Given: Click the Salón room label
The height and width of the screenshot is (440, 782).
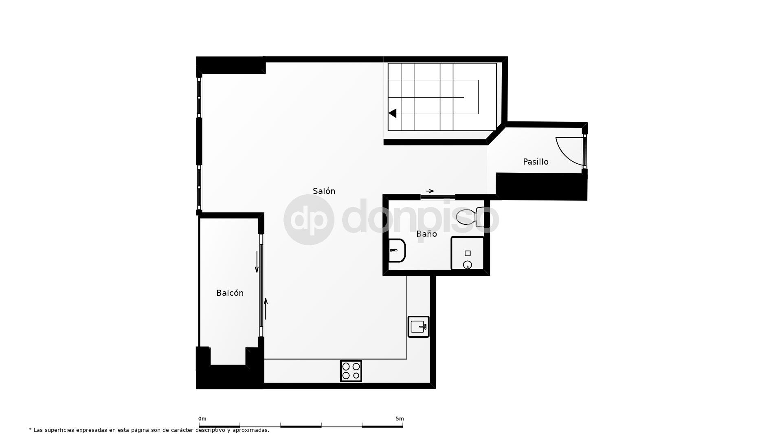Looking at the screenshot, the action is tap(324, 191).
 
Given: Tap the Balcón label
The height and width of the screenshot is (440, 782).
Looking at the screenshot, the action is tap(230, 293).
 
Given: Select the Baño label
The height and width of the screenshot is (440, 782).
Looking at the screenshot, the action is tap(426, 234).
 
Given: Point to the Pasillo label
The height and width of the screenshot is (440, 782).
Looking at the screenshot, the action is tap(536, 162).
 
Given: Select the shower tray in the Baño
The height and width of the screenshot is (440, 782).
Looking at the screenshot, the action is tap(468, 253).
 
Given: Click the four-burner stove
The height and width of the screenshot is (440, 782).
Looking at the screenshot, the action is tap(351, 371).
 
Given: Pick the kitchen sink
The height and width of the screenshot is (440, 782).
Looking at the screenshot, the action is tap(419, 327).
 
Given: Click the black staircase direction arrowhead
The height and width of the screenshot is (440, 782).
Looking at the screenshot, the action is tap(393, 113).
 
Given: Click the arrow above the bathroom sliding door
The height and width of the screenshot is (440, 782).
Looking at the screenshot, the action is tap(430, 191).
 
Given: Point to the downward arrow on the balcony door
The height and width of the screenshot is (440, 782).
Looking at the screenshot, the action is tap(257, 262).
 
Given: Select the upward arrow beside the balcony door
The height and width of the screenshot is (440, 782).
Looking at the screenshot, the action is tap(266, 309).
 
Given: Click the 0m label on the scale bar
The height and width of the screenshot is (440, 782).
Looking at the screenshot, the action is tap(202, 419).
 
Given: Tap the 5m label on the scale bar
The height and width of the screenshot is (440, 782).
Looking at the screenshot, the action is tap(400, 419).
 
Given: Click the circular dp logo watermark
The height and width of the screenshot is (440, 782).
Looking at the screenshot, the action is tap(309, 220).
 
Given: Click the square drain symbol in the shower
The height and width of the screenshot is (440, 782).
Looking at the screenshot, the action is tap(468, 253).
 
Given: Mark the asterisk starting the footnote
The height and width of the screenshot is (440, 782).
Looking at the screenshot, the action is tap(30, 429).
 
